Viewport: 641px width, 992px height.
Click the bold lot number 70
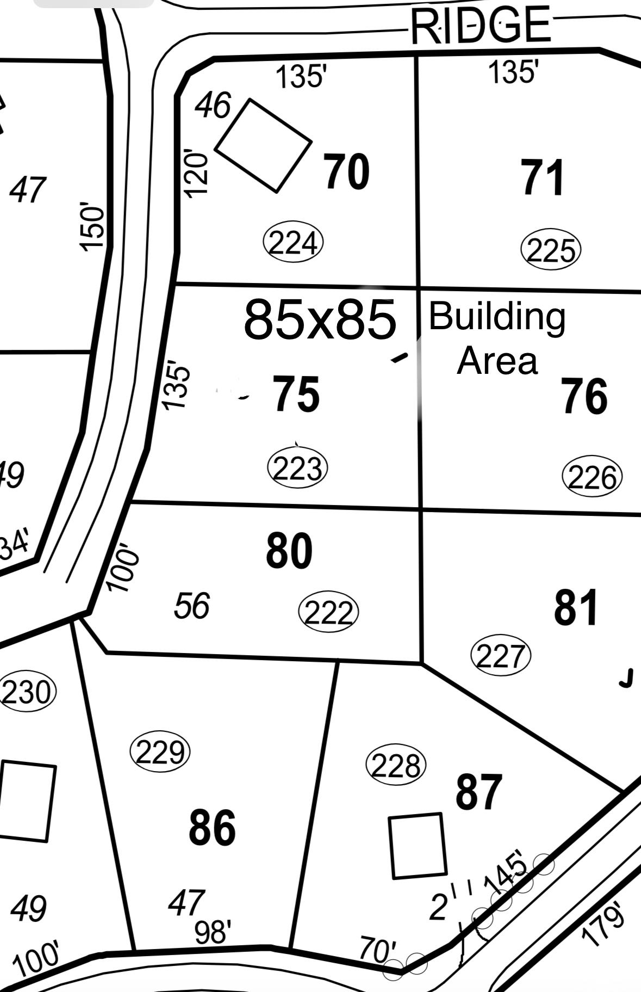coord(347,172)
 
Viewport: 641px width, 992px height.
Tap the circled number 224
coord(293,243)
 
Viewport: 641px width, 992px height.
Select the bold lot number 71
coord(543,177)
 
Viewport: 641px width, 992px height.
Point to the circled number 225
coord(551,250)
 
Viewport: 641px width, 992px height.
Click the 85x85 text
coord(320,319)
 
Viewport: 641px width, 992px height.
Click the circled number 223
coord(298,468)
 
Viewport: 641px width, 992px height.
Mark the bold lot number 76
coord(584,397)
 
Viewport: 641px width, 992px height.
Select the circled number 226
coord(592,477)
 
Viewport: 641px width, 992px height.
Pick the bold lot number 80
coord(289,551)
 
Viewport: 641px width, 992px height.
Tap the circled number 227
coord(500,656)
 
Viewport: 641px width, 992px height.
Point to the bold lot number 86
coord(212,828)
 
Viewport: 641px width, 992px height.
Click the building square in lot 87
coord(418,846)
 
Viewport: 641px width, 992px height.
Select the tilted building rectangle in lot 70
coord(264,145)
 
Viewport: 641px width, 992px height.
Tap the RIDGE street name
coord(481,26)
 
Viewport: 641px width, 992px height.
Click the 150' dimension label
coord(92,227)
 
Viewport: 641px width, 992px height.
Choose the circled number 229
coord(160,753)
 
